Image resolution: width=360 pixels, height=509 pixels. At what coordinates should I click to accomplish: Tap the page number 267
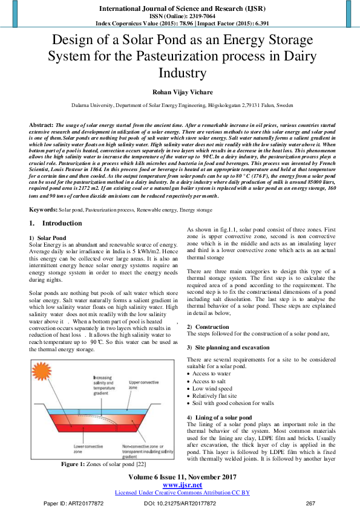(x=311, y=503)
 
